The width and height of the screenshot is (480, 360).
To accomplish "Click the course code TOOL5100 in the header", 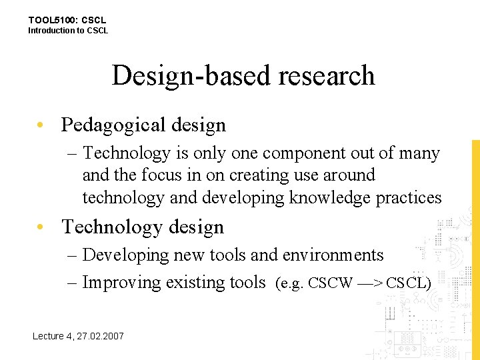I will (x=52, y=21).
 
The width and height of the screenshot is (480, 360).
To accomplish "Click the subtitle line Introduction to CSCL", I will (x=67, y=31).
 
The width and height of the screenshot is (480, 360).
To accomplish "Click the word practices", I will (x=409, y=198).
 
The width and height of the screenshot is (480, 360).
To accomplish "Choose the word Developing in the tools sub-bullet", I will (x=126, y=255).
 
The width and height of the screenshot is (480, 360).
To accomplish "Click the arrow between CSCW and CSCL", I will (x=369, y=283).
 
